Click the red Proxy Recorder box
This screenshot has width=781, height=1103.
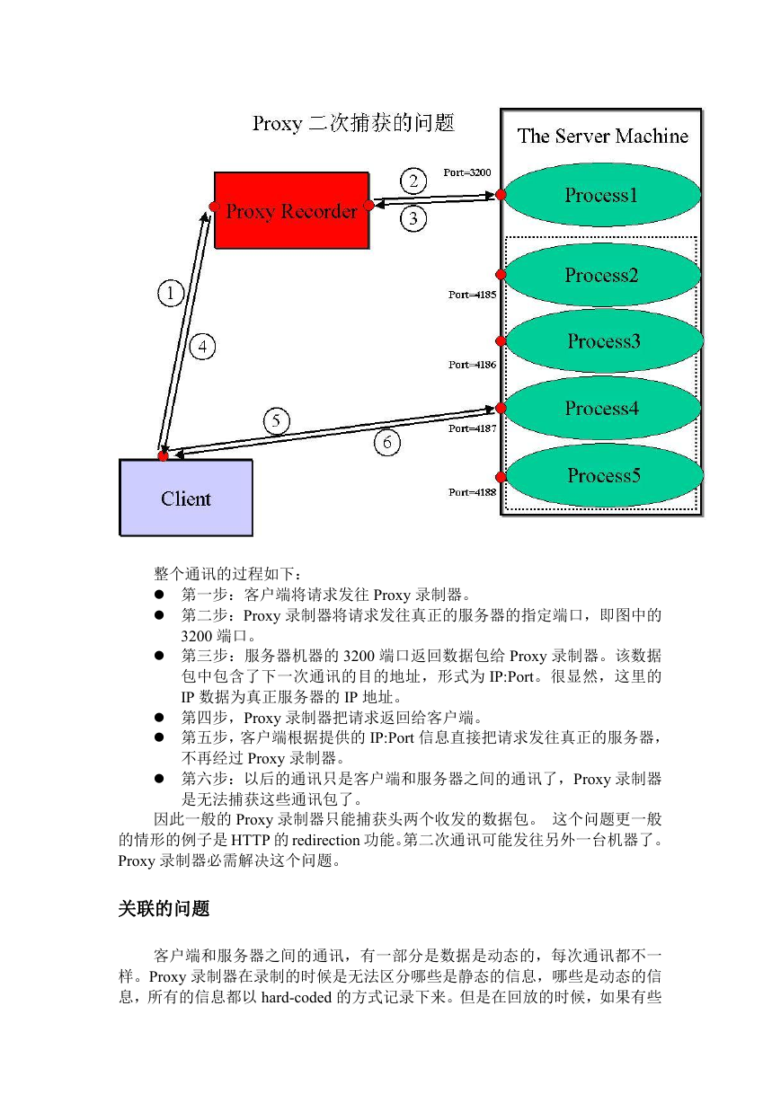[292, 210]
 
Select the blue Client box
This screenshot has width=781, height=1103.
[186, 498]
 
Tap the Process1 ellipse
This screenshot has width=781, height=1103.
[601, 195]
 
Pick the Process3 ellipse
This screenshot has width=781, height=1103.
[604, 340]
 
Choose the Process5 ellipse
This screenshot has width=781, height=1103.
[604, 475]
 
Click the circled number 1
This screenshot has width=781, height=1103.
[171, 294]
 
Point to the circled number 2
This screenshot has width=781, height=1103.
[413, 181]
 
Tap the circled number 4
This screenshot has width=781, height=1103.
[202, 347]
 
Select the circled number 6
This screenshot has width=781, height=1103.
[386, 442]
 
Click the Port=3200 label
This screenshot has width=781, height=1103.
[467, 172]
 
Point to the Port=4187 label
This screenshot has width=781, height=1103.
[472, 428]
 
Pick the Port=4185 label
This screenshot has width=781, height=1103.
[472, 295]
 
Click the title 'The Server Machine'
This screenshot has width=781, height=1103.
[603, 136]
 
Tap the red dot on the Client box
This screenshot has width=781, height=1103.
[163, 456]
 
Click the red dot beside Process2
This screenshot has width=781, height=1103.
[501, 274]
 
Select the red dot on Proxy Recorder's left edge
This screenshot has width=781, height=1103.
[214, 206]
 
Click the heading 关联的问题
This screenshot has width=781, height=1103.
[164, 908]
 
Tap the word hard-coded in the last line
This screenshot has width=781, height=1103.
[297, 997]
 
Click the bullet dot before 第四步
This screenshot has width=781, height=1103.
[159, 718]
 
